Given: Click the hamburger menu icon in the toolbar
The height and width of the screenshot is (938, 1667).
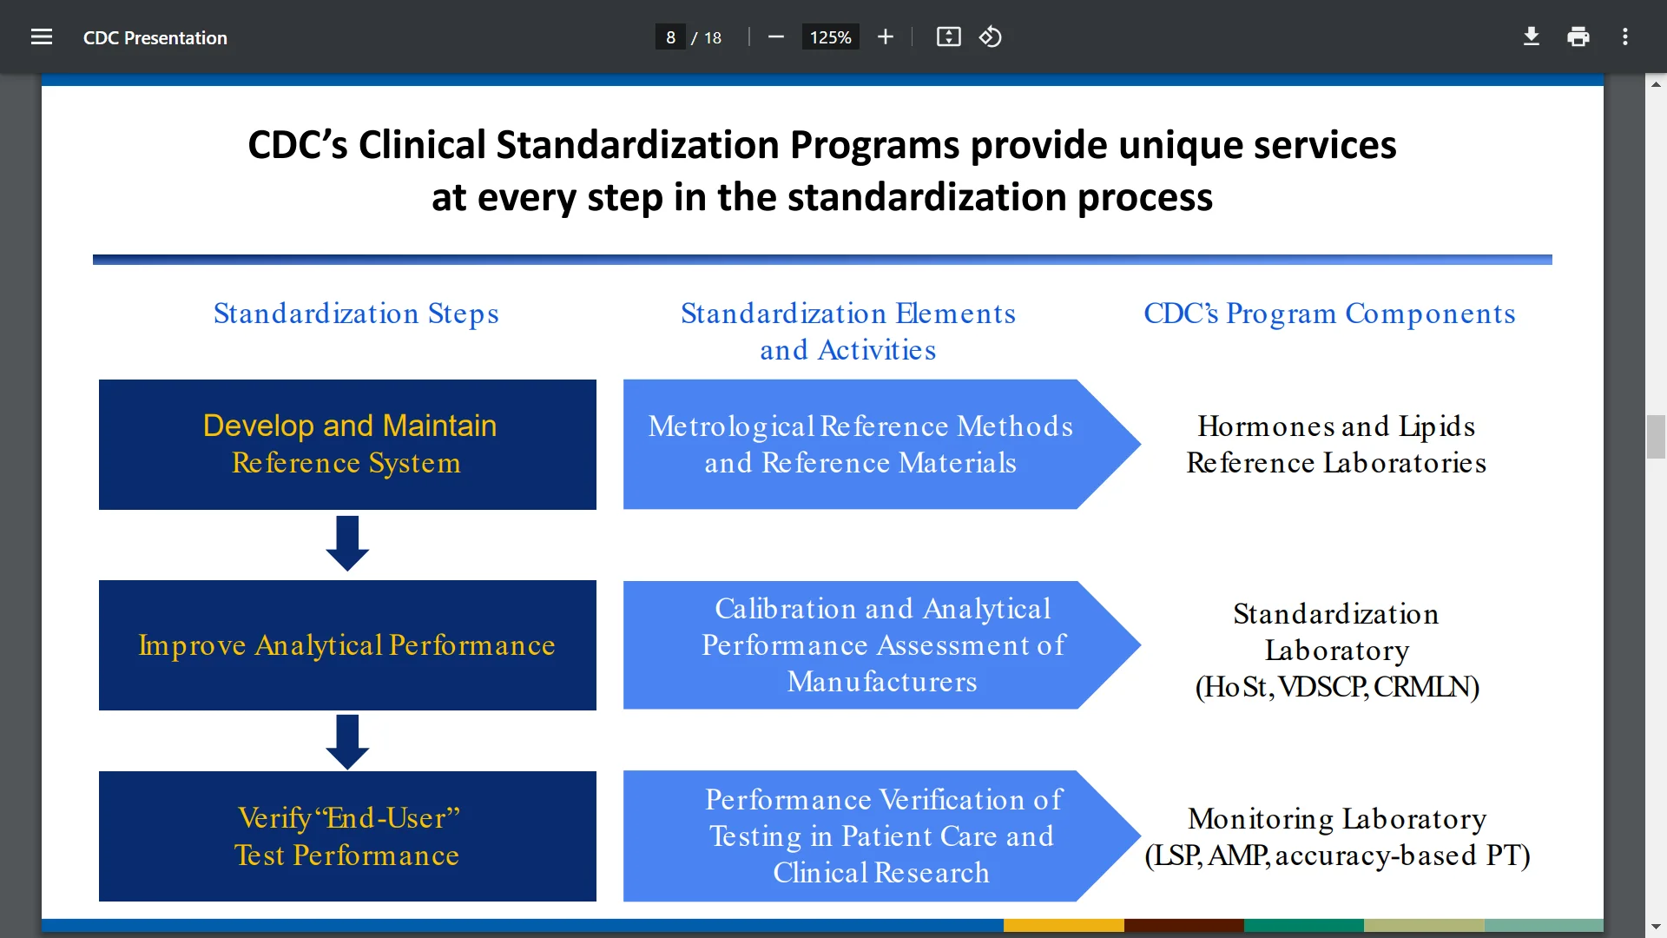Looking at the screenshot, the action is click(42, 37).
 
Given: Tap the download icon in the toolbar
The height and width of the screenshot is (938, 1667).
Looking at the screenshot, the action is click(1532, 37).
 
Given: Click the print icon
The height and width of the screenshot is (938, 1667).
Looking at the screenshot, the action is click(1578, 37).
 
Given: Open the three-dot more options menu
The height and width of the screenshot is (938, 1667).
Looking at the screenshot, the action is click(1625, 37).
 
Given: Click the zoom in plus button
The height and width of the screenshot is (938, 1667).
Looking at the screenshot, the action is click(886, 37).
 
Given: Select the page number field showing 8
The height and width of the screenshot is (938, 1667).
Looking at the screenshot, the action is click(670, 37).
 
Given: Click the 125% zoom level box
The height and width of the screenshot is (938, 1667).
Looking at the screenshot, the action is click(830, 37).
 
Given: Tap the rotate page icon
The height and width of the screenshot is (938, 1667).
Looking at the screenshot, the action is click(991, 37).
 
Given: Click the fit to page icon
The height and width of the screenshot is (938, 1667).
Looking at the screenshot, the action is click(949, 37).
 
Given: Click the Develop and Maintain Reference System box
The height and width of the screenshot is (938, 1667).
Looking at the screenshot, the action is click(347, 445).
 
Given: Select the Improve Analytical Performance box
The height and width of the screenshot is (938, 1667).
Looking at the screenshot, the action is click(347, 645).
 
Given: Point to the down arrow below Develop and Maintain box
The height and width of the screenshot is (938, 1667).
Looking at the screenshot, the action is click(347, 544).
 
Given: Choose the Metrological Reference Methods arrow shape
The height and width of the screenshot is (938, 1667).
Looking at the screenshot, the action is click(881, 445).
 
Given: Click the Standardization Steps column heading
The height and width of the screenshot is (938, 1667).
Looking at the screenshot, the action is click(356, 314).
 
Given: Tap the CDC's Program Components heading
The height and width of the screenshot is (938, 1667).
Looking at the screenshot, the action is click(1329, 314).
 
